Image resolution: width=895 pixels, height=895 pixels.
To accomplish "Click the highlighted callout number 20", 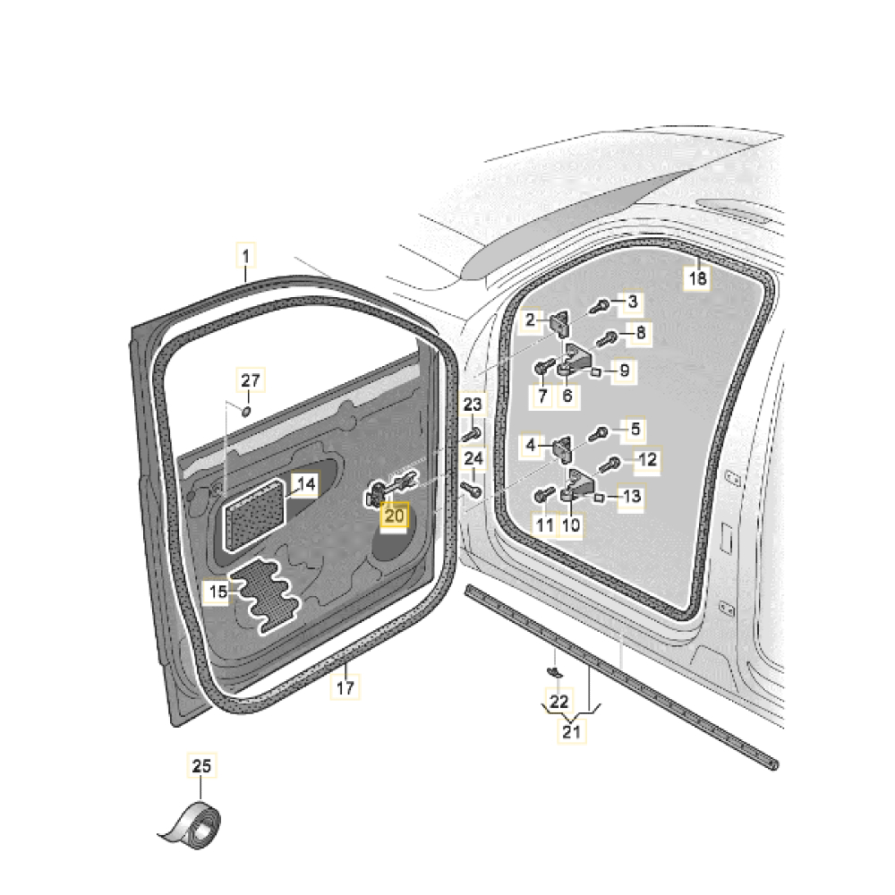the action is point(395,516).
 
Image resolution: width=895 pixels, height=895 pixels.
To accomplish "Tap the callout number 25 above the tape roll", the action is point(201,765).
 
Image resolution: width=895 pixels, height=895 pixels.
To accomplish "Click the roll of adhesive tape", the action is point(192,825).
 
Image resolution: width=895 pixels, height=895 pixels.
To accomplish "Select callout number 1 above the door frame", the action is point(246,256).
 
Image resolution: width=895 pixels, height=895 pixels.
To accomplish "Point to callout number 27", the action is point(251,380).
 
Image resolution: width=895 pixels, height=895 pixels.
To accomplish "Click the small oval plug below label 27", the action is point(247,411).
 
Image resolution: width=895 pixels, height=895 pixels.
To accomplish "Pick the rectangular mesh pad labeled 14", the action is point(254,515).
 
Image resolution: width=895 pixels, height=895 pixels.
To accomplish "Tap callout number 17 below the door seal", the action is point(345,687).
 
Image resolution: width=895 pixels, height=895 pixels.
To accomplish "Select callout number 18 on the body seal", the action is point(697,278).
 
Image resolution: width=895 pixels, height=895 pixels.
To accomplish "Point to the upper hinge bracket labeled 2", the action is point(560,323).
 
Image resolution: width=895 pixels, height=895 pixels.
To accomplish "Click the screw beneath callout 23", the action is point(472,434).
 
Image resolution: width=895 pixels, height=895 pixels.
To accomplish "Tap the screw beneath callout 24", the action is point(472,489).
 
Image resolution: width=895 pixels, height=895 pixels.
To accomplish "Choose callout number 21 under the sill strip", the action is point(571,731).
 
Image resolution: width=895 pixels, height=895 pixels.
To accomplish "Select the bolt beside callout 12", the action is point(609,465).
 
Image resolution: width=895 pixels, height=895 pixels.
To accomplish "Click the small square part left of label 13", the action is point(599,499).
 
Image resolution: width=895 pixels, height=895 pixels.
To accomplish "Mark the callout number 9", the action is point(625,371).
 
